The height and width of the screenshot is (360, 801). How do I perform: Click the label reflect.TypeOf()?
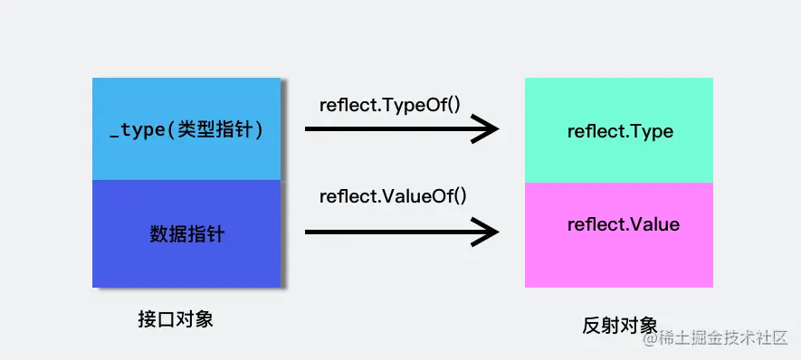pos(390,104)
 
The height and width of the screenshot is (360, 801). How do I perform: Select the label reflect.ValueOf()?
pos(393,195)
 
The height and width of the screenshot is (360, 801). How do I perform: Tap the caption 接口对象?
pos(176,319)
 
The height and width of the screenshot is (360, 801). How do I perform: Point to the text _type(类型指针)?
pos(186,130)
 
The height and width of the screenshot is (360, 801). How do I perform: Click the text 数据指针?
pos(186,234)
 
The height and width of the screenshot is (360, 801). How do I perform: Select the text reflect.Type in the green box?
pos(620,131)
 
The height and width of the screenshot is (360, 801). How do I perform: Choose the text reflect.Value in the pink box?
pos(623,223)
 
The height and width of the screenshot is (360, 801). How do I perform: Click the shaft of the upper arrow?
pos(389,129)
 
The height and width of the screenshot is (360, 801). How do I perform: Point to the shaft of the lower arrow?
pos(389,232)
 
